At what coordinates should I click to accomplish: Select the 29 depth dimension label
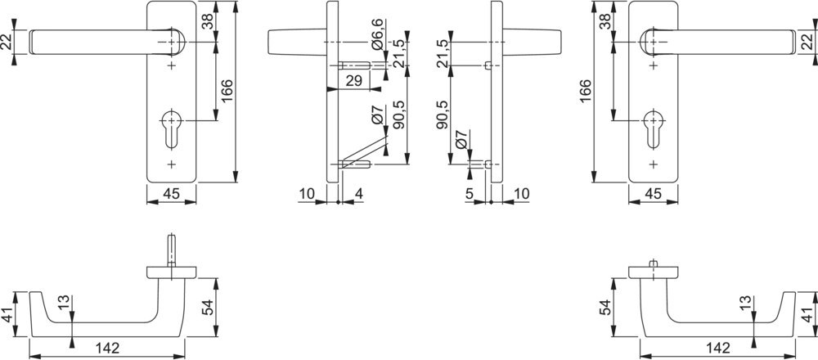click(x=354, y=80)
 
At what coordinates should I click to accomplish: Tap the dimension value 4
click(x=358, y=194)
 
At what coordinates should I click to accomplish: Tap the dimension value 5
click(x=469, y=194)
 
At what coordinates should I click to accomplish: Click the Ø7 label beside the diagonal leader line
click(x=378, y=115)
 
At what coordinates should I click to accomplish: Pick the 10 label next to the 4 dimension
click(x=308, y=194)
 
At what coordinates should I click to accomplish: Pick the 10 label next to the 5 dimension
click(x=520, y=194)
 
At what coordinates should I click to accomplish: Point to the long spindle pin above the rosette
click(x=171, y=251)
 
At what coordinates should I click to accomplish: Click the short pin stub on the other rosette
click(x=653, y=263)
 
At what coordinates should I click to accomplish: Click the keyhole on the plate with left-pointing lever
click(x=171, y=129)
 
